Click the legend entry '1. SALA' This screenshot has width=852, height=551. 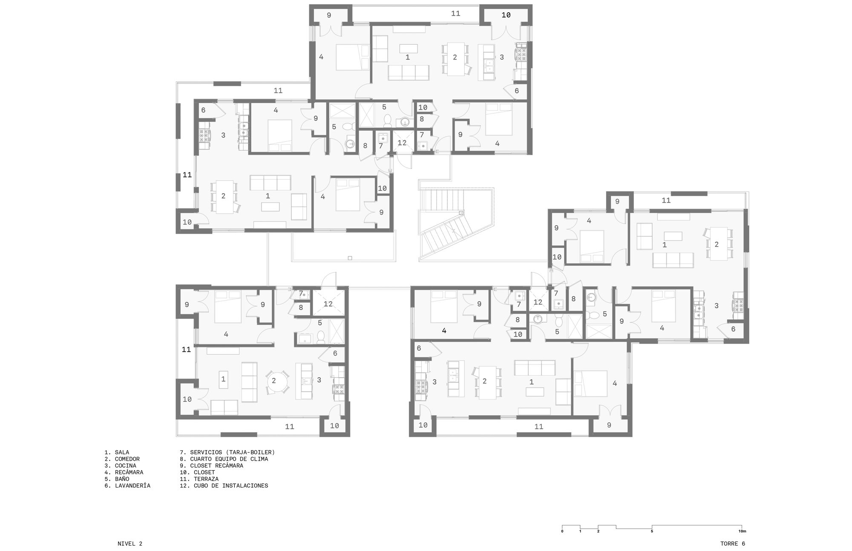117,453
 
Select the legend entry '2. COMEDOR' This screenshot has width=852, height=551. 122,459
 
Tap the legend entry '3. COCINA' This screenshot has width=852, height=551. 120,466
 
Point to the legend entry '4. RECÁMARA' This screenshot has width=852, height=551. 124,472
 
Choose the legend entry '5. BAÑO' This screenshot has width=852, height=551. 117,479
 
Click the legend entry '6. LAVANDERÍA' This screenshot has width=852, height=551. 127,485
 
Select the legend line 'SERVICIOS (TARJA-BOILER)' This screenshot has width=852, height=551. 233,453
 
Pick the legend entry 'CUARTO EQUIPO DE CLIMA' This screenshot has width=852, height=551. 229,459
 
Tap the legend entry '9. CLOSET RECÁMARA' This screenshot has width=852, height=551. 212,466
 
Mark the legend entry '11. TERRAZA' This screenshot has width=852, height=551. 199,479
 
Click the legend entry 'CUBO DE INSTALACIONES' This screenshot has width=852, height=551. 231,485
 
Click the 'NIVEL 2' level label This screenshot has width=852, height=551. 130,544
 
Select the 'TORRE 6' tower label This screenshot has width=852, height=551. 733,544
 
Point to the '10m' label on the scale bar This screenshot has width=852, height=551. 742,531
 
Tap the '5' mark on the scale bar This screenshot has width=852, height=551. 652,531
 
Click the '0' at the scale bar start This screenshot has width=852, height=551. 562,531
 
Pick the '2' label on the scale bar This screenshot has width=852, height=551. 598,531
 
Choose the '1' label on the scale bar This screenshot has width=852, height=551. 580,531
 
